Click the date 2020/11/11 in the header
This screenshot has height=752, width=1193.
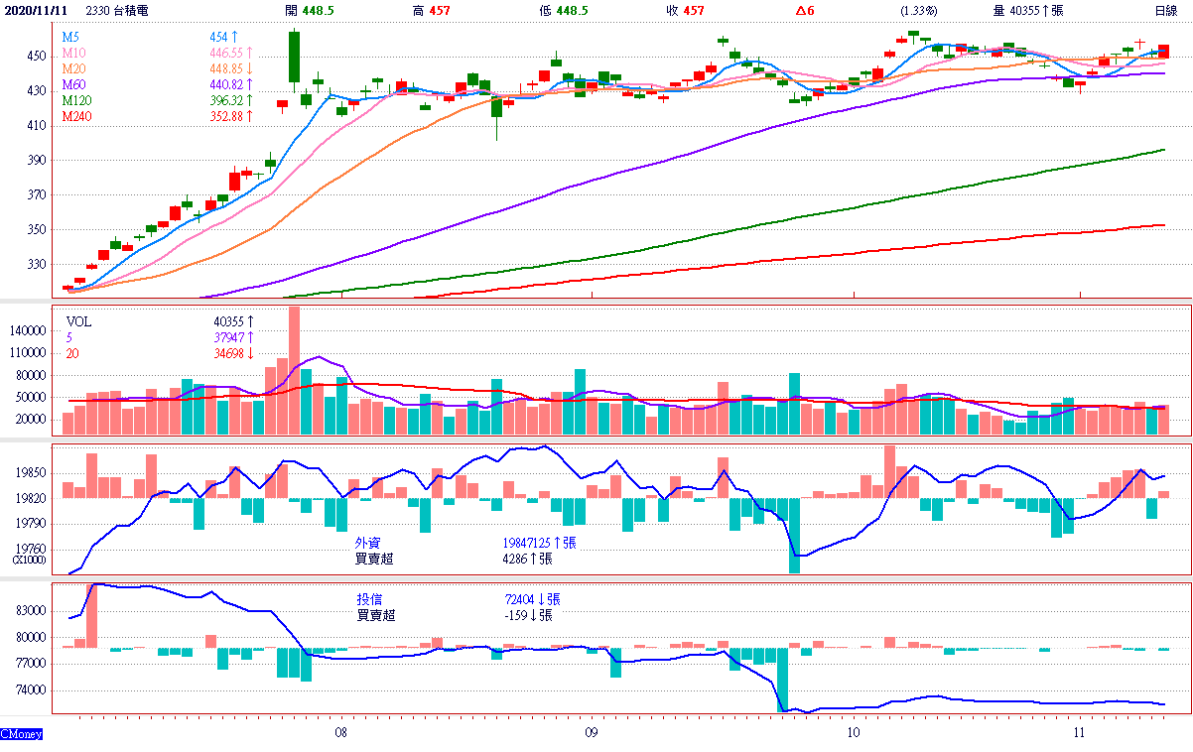(x=36, y=10)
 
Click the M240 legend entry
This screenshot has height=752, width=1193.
(x=76, y=116)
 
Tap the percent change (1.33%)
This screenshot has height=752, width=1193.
(x=918, y=10)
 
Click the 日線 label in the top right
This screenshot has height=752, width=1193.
(x=1165, y=10)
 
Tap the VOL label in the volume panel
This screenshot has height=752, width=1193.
(x=77, y=321)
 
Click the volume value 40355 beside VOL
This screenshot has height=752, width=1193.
(x=228, y=321)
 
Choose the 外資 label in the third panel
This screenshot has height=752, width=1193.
(x=367, y=544)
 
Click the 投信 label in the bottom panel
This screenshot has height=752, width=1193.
(x=368, y=599)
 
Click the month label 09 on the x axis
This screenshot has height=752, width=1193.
(x=591, y=733)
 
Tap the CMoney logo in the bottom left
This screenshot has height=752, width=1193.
(x=21, y=734)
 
